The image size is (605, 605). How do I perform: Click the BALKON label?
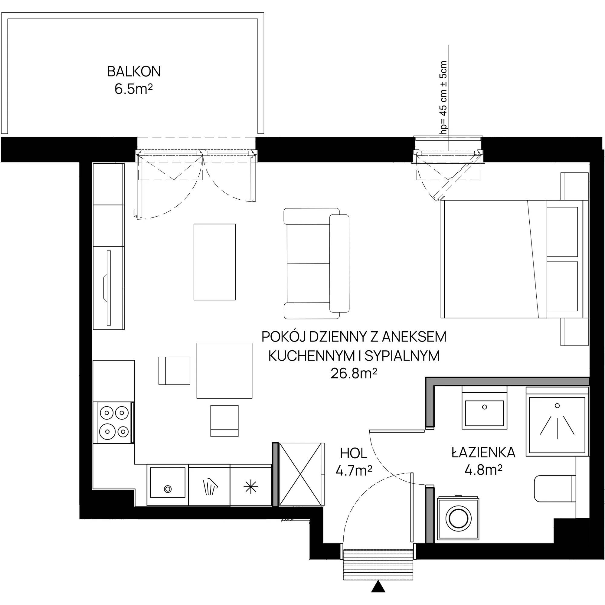[134, 72]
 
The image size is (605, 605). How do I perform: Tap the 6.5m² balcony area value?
[134, 89]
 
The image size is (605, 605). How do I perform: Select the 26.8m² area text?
[354, 374]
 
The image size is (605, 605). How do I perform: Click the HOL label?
[354, 453]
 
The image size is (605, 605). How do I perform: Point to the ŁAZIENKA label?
[483, 453]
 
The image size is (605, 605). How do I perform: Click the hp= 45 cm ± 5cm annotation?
[443, 97]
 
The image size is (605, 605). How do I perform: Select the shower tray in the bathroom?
[557, 421]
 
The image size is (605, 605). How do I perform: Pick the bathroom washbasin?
[484, 408]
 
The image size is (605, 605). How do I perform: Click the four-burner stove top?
[114, 422]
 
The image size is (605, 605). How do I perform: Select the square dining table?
[224, 371]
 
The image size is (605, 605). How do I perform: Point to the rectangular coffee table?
[214, 262]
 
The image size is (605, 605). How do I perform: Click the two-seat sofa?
[316, 263]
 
